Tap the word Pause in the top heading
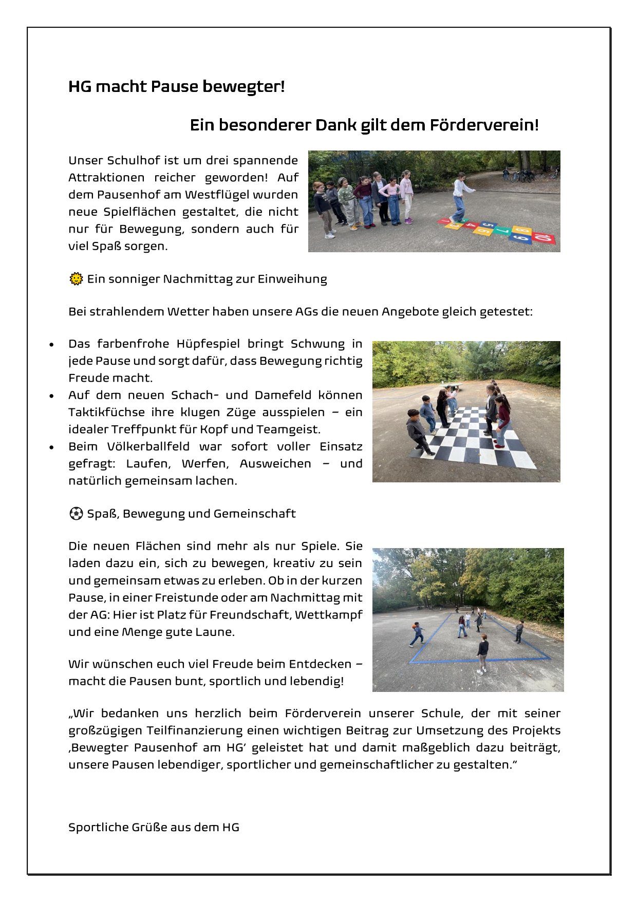(174, 86)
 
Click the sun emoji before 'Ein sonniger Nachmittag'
(76, 279)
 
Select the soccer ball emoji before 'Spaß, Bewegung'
(76, 513)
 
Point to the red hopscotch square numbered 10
(543, 237)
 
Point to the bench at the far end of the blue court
(465, 608)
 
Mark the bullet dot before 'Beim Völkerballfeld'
(51, 447)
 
